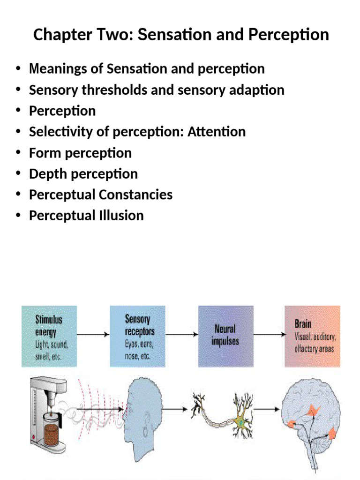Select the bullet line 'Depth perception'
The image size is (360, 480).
pyautogui.click(x=83, y=174)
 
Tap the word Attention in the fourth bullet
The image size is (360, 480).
pyautogui.click(x=217, y=132)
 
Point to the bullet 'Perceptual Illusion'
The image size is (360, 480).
pyautogui.click(x=86, y=216)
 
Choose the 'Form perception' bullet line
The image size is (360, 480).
pyautogui.click(x=80, y=153)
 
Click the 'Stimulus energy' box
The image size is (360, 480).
pyautogui.click(x=49, y=336)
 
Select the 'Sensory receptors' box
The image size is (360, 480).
pyautogui.click(x=137, y=336)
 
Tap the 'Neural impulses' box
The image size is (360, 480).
pyautogui.click(x=226, y=336)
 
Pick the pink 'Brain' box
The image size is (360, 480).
pyautogui.click(x=312, y=336)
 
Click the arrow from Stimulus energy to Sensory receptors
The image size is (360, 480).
pyautogui.click(x=93, y=335)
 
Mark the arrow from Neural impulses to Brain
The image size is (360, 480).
pyautogui.click(x=270, y=335)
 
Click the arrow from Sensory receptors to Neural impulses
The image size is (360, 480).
pyautogui.click(x=182, y=335)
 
